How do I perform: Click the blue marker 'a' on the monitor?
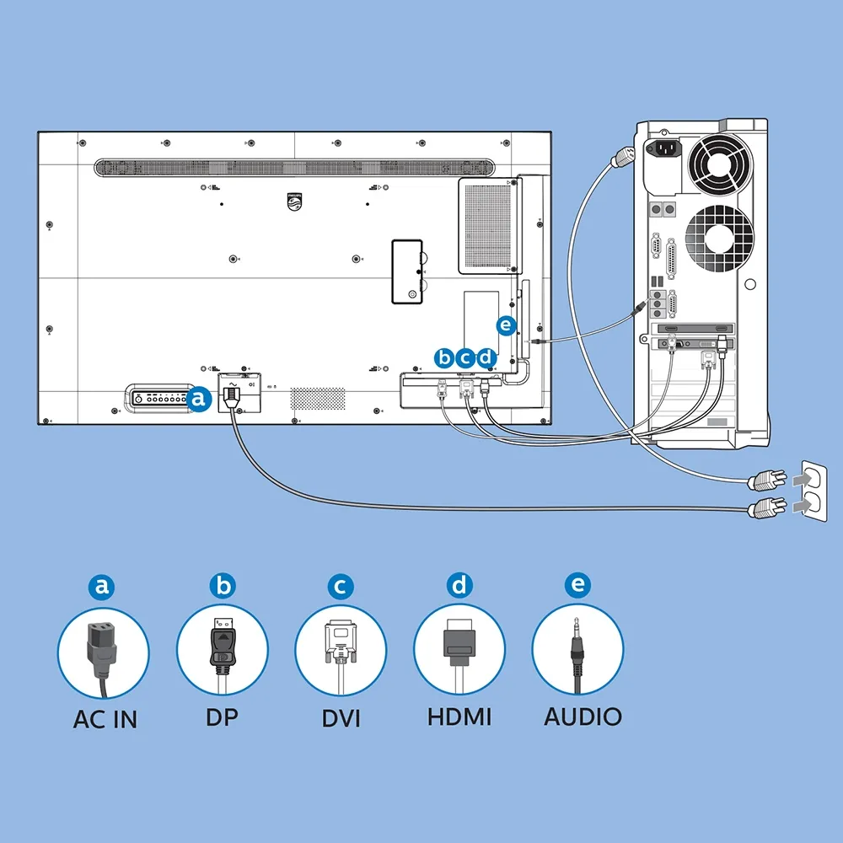(x=199, y=399)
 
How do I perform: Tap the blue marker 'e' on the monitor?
(x=505, y=324)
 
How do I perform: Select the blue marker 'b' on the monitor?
(x=444, y=357)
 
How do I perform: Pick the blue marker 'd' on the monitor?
(x=485, y=357)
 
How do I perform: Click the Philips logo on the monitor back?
(x=293, y=199)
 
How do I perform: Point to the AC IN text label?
(x=105, y=720)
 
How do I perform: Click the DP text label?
(x=222, y=717)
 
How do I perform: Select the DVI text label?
(x=341, y=719)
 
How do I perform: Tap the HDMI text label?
(x=459, y=717)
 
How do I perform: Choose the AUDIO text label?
(x=583, y=717)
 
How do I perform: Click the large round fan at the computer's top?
(x=717, y=160)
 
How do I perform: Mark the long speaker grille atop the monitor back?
(x=293, y=168)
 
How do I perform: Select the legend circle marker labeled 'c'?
(x=341, y=585)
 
